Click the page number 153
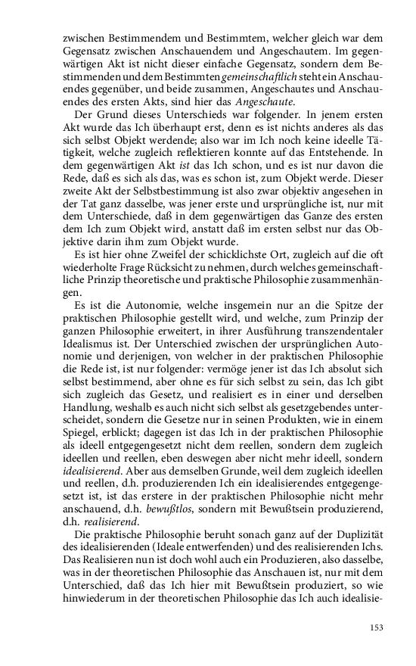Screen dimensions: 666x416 click(377, 627)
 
